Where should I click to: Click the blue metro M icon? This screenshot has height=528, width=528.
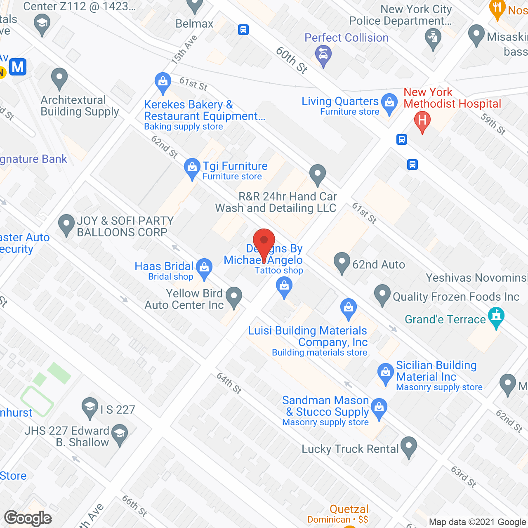click(18, 67)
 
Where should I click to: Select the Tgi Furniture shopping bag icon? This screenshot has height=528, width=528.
click(192, 168)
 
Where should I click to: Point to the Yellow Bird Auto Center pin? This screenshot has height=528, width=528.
click(234, 297)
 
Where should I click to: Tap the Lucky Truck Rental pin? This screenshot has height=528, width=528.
click(408, 447)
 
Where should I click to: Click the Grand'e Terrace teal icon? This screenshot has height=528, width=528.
click(496, 317)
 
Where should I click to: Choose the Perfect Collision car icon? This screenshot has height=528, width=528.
click(323, 55)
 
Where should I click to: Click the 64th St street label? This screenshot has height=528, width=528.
click(229, 383)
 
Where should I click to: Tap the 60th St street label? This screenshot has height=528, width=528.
click(291, 60)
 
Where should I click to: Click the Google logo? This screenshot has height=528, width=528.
click(28, 518)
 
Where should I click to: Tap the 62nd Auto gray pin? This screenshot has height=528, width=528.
click(342, 262)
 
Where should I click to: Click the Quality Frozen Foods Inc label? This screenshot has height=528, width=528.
click(456, 297)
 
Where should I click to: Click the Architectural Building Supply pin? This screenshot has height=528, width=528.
click(59, 78)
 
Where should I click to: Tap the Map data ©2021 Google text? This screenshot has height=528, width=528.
click(478, 522)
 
